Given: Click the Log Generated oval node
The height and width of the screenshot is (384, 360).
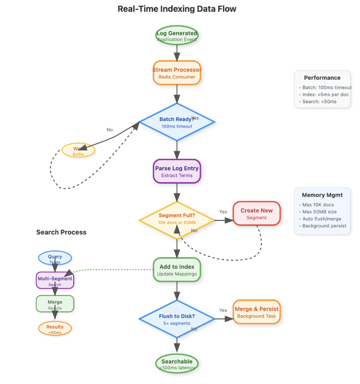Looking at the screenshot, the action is point(177,36).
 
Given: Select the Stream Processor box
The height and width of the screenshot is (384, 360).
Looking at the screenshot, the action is point(177,73).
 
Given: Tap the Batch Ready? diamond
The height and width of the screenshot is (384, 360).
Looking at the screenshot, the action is point(177,122).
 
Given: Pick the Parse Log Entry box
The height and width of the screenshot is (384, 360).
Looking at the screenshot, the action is point(177,171).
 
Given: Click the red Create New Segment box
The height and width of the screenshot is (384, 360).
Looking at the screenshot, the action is point(257,214).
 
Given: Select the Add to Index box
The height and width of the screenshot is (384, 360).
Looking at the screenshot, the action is point(177,270).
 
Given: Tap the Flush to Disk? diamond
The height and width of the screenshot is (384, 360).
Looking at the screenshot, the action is point(177,319).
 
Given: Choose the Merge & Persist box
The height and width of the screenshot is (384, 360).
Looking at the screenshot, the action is point(257,312).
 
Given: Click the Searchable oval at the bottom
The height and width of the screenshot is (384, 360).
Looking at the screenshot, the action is point(177,364).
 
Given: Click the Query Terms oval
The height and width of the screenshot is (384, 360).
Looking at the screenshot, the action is point(55,258).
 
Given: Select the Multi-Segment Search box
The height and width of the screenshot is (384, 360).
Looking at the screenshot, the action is point(55,281).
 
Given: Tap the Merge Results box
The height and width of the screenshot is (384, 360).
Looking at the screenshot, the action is point(55,304).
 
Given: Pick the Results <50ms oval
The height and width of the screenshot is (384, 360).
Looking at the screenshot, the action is point(55,329).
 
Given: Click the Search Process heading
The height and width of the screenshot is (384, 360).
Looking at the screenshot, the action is point(61,232).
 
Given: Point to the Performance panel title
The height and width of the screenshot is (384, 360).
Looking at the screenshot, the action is point(322,78).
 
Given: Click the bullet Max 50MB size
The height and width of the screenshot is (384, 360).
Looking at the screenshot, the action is point(320,212).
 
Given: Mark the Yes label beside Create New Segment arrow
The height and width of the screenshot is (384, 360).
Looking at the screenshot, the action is point(223,212).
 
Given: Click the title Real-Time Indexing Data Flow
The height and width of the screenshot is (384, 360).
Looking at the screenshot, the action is point(177,9).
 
